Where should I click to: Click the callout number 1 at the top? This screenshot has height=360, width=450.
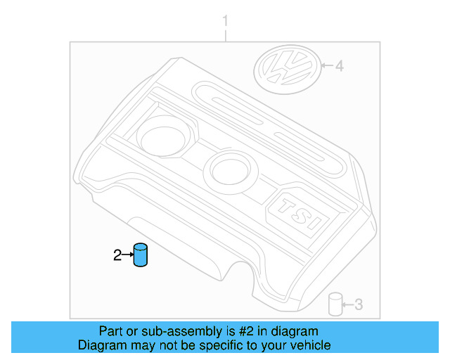click(225, 21)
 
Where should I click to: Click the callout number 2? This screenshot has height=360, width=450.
click(117, 256)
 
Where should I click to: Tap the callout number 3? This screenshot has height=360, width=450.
click(358, 304)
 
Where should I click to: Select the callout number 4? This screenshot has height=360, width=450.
click(339, 67)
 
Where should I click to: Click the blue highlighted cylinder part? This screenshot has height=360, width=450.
click(142, 255)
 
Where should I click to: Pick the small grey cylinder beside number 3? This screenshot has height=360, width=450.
click(335, 304)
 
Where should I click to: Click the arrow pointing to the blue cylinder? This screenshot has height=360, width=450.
click(128, 256)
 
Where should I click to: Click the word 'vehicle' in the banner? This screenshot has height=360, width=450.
click(310, 345)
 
